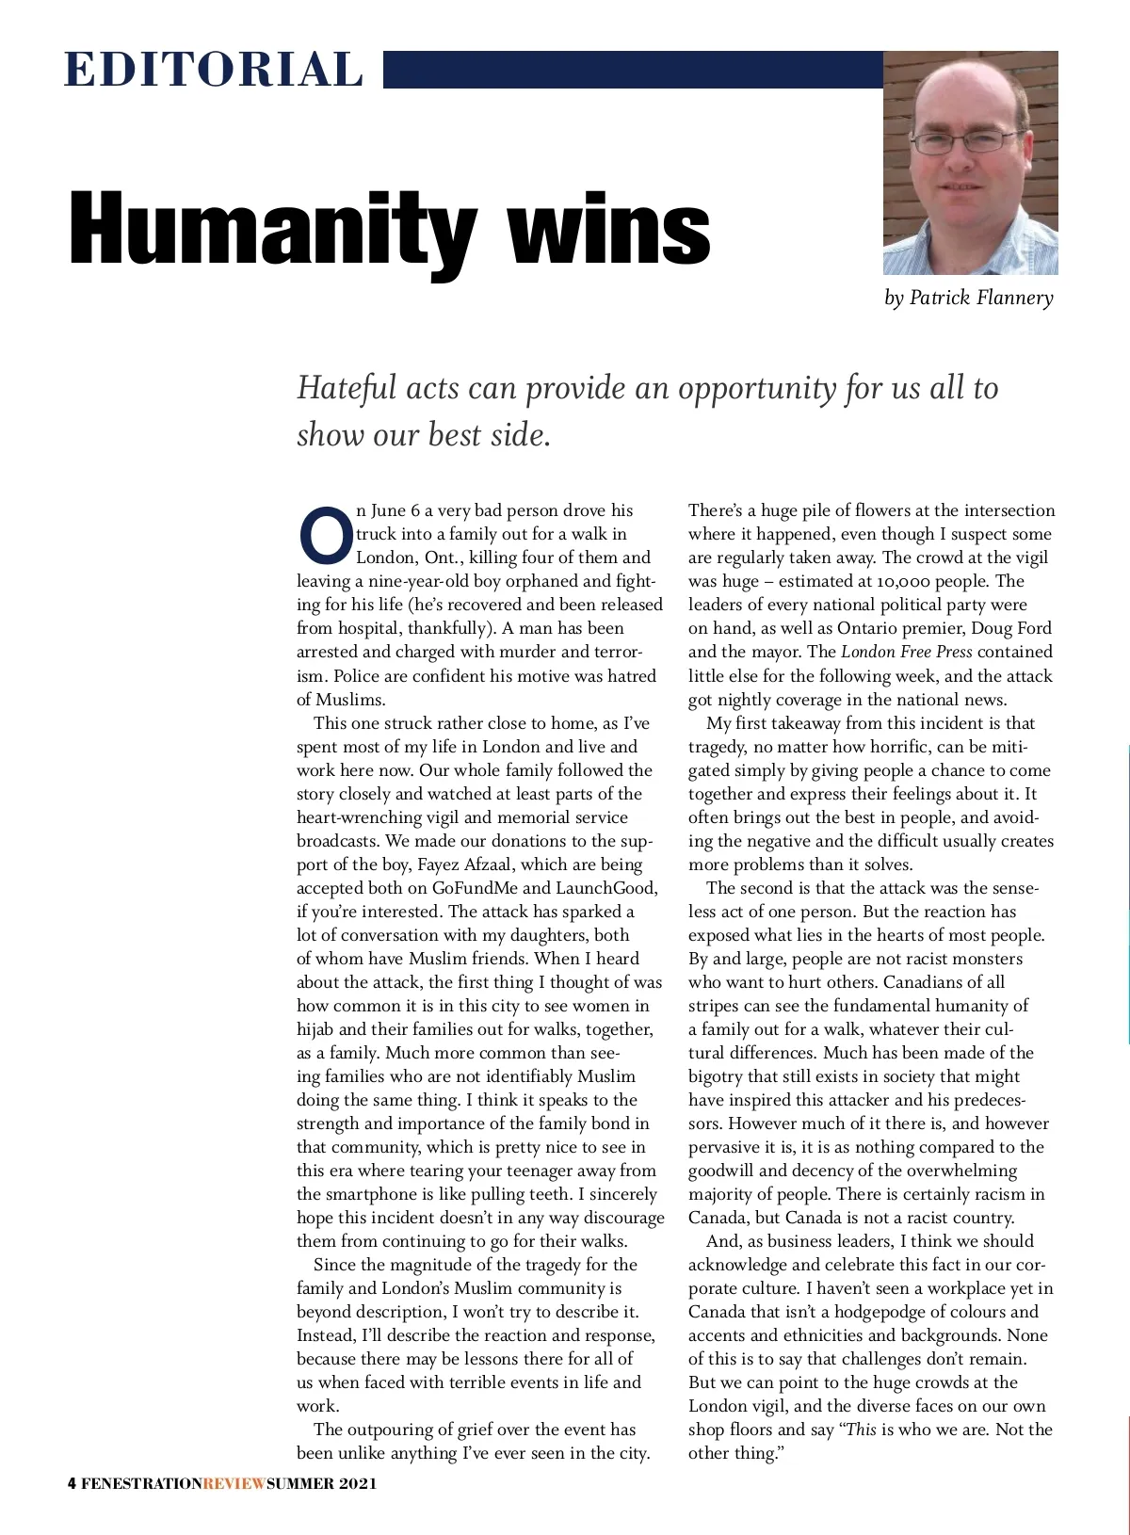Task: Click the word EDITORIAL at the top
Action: (x=214, y=71)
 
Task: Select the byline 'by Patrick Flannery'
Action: (x=969, y=299)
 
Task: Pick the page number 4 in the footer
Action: (x=73, y=1483)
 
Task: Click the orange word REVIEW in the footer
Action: (x=234, y=1483)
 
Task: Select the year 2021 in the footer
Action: (x=359, y=1483)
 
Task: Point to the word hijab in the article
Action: (x=318, y=1029)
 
